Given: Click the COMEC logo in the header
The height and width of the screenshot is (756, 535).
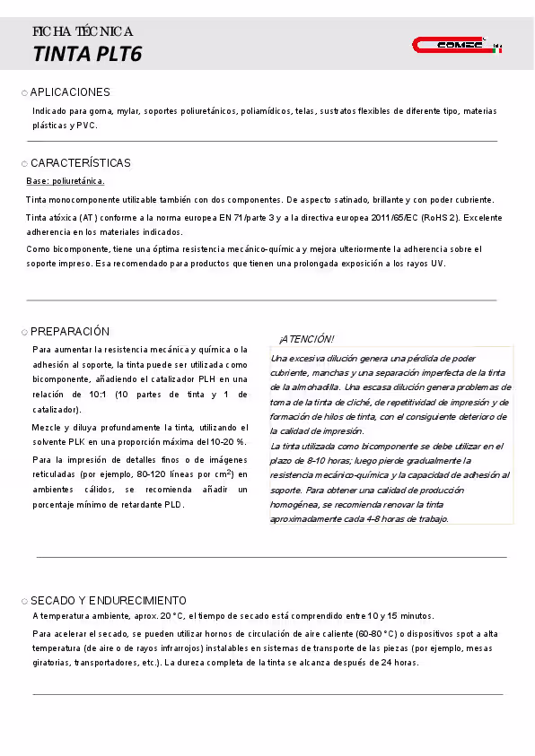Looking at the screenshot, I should [457, 45].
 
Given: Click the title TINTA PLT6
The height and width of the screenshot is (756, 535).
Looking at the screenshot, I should [87, 55].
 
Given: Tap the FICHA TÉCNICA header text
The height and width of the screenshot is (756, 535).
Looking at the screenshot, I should [83, 31].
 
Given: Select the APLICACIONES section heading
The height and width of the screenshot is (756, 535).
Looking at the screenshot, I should [70, 92].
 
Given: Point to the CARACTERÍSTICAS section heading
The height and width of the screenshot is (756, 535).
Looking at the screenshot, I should [80, 163].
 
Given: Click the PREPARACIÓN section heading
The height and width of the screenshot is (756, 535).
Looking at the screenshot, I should [70, 331].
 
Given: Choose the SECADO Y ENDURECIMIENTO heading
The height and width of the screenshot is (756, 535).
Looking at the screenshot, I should [109, 600].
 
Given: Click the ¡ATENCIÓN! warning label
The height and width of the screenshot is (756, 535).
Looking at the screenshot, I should [306, 339].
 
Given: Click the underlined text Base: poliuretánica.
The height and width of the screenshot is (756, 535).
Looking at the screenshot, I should [66, 181].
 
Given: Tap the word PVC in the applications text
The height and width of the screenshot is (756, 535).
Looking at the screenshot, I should [86, 126].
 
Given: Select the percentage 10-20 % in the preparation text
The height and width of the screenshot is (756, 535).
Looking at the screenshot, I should [228, 442].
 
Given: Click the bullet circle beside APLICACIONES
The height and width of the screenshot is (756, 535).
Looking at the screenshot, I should [24, 93].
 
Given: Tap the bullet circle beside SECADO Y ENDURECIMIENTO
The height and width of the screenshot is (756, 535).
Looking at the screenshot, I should [24, 601].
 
